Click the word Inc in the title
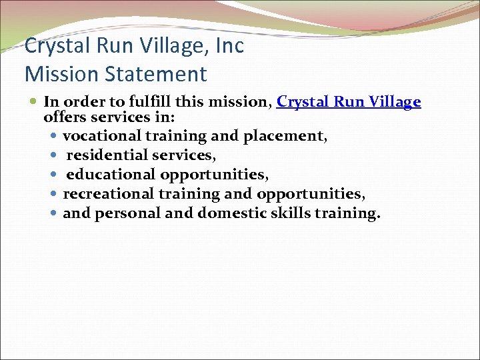pyautogui.click(x=231, y=46)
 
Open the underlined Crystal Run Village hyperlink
pyautogui.click(x=349, y=102)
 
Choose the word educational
pyautogui.click(x=110, y=175)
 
